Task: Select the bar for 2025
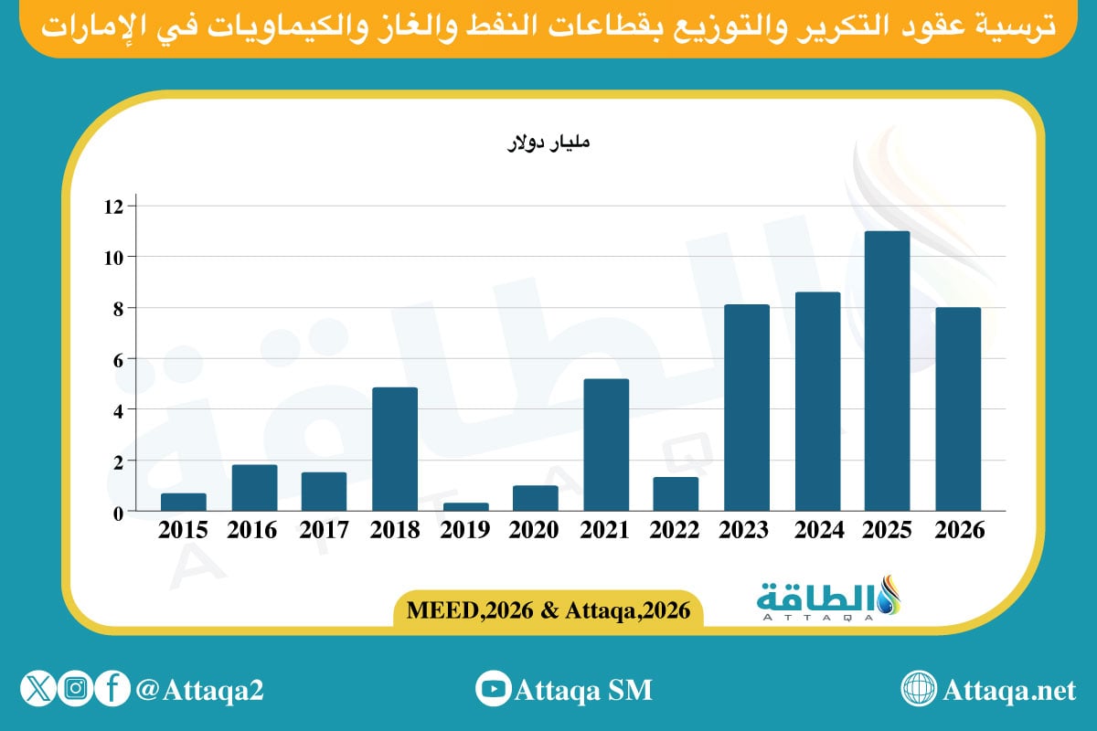point(887,371)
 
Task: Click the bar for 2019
point(464,506)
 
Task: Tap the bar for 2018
point(395,449)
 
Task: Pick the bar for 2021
point(606,445)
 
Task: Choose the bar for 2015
point(184,502)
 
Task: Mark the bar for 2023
point(746,408)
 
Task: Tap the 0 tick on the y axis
point(117,513)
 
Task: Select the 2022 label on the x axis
point(676,531)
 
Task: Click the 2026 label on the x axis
point(958,531)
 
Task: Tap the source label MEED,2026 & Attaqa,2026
point(548,608)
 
